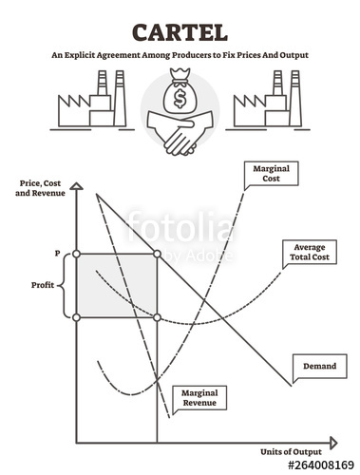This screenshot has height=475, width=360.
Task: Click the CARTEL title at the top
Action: point(180,31)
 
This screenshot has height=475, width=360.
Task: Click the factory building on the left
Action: point(88,109)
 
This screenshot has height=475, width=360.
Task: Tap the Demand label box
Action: point(315,366)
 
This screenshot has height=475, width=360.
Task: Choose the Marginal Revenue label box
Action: point(199,397)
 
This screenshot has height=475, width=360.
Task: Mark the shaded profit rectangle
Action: point(117,285)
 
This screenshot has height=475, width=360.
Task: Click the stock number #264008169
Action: point(320,465)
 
